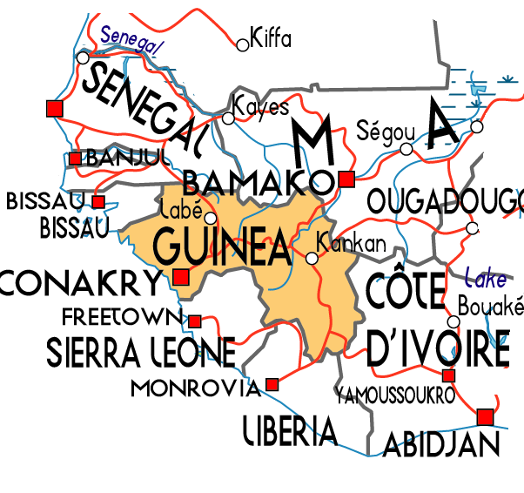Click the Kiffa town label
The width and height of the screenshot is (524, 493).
coord(270,38)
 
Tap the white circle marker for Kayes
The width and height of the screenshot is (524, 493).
coord(229,118)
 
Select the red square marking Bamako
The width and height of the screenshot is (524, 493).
coord(346,179)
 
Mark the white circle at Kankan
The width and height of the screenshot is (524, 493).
coord(312,258)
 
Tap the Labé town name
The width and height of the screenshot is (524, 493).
coord(182,210)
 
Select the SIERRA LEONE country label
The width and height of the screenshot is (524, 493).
coord(140,351)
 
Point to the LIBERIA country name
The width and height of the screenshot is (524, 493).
coord(290,429)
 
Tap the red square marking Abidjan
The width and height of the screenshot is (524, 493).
coord(485,416)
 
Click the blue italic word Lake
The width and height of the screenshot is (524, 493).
coord(485,280)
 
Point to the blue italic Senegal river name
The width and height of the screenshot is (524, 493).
coord(131,40)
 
